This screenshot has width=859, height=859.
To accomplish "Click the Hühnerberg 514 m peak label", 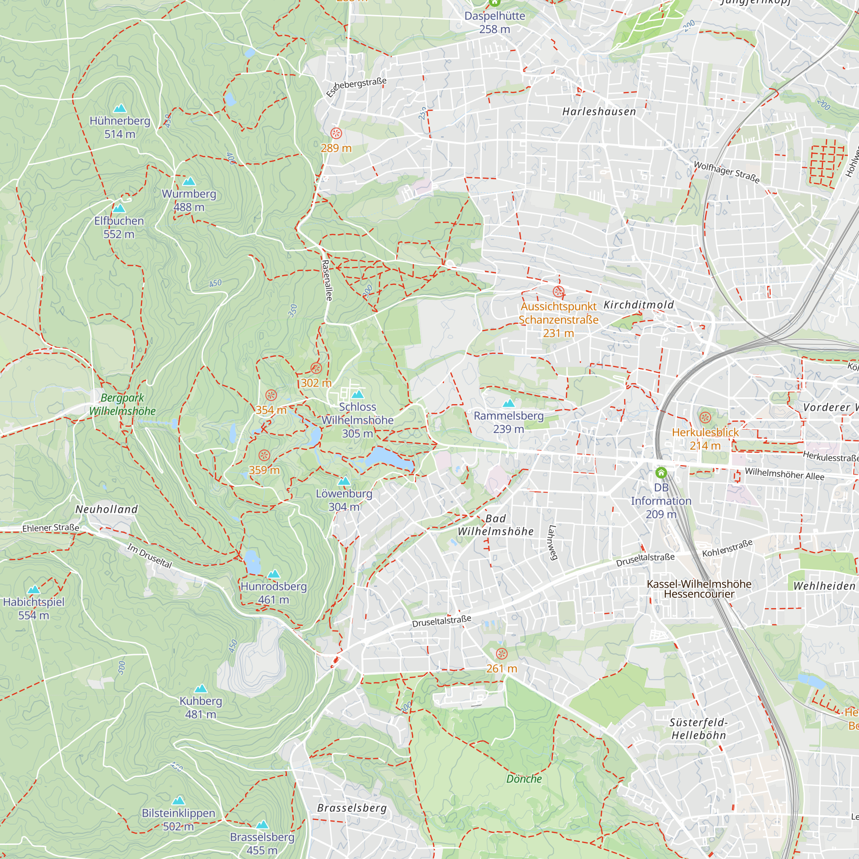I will [119, 127].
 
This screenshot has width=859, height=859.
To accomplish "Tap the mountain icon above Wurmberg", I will [189, 181].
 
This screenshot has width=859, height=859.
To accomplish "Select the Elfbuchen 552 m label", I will [119, 227].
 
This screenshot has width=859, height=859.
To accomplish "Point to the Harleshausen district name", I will [599, 112].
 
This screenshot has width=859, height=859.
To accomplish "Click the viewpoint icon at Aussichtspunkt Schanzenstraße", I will [558, 292].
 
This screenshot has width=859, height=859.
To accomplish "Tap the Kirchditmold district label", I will [639, 305].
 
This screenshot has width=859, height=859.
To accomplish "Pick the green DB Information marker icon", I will [661, 472].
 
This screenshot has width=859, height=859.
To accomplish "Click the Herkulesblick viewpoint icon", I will [705, 417].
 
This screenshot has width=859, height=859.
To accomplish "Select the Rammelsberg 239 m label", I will [509, 422].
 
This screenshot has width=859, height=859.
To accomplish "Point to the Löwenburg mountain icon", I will [344, 481].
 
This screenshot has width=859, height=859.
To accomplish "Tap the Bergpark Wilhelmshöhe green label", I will [122, 404].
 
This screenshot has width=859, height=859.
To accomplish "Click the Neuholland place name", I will [107, 509].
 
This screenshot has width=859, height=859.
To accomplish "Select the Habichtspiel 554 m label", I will [34, 608].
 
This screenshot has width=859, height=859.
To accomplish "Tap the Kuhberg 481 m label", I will [201, 707].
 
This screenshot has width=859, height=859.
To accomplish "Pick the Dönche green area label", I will [524, 779].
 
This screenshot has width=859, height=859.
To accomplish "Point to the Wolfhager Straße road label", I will [727, 172].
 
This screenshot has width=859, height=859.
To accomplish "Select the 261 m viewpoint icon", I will [502, 654].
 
